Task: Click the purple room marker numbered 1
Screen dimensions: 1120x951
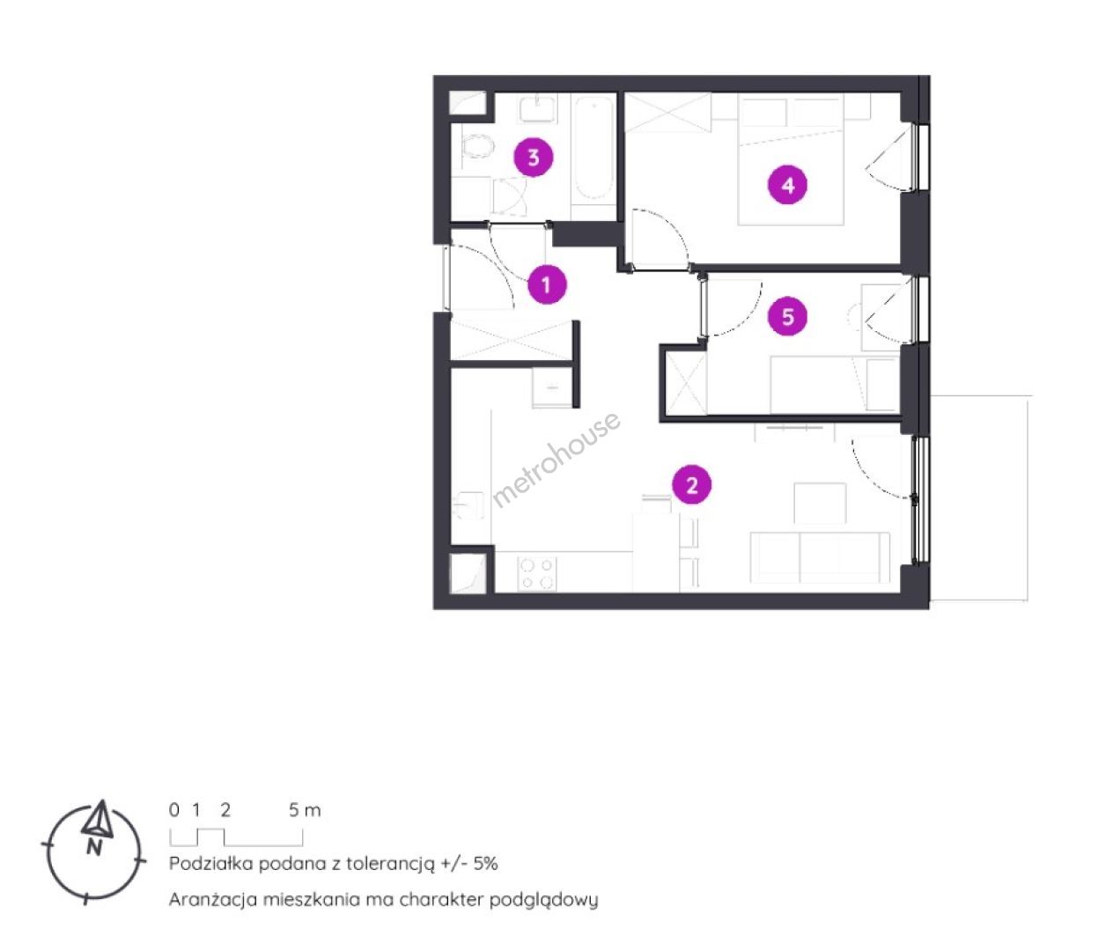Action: [547, 284]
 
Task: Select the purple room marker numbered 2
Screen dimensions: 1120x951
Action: [692, 485]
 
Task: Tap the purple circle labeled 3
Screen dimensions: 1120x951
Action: [534, 158]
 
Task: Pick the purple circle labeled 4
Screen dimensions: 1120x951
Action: [788, 185]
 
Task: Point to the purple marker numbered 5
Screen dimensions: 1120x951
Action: [788, 316]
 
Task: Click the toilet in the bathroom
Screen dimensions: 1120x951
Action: [477, 146]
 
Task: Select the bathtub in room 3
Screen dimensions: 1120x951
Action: [593, 150]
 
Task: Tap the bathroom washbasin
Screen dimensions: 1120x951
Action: [537, 109]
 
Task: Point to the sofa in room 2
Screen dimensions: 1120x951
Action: [820, 557]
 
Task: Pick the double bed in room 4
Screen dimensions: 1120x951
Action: [791, 161]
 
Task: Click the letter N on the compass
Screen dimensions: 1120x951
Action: [94, 847]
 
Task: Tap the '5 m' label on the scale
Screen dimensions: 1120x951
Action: [305, 810]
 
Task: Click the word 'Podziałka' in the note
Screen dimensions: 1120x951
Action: [211, 863]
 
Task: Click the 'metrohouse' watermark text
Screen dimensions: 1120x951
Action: [556, 460]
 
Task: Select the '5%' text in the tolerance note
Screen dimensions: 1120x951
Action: [485, 863]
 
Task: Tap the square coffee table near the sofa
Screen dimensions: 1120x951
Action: [820, 504]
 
